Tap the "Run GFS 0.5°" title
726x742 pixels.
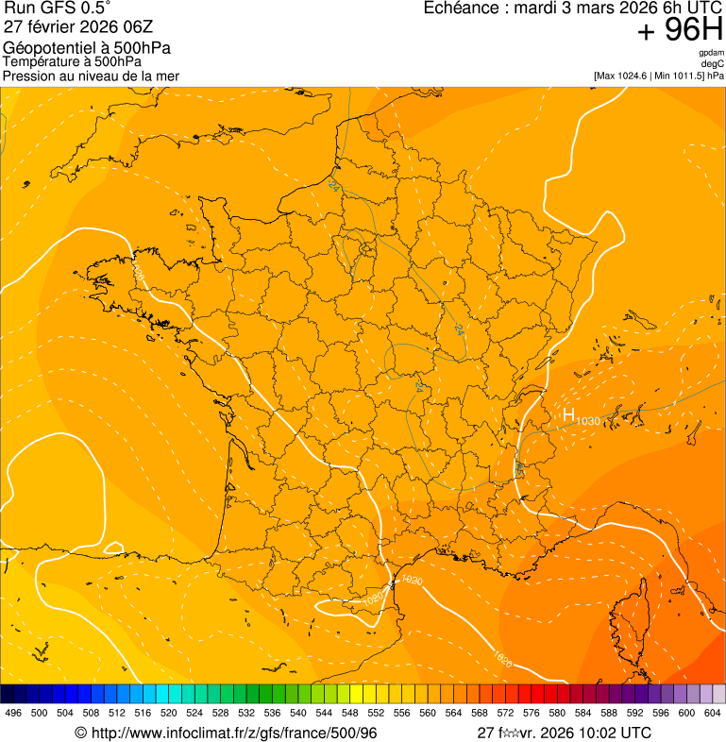tap(58, 10)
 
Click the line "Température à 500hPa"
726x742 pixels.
tap(72, 61)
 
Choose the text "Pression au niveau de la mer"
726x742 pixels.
tap(91, 76)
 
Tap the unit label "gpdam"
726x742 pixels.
tap(711, 53)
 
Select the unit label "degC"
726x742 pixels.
tap(713, 64)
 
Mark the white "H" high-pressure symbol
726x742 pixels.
tap(568, 414)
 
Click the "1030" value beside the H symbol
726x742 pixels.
tap(587, 420)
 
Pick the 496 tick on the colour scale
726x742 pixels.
tap(13, 714)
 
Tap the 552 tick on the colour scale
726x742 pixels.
tap(376, 714)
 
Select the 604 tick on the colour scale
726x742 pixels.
tap(713, 714)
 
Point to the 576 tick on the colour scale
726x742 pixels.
tap(532, 714)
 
